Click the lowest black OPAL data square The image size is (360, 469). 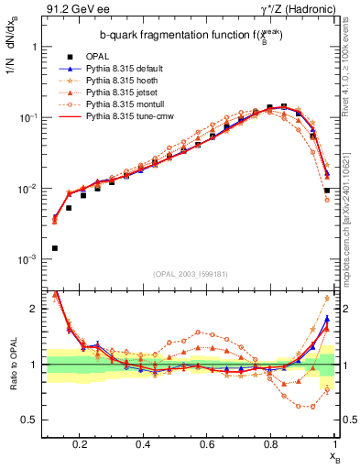click(x=55, y=248)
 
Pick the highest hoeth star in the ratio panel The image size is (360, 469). click(x=327, y=299)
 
